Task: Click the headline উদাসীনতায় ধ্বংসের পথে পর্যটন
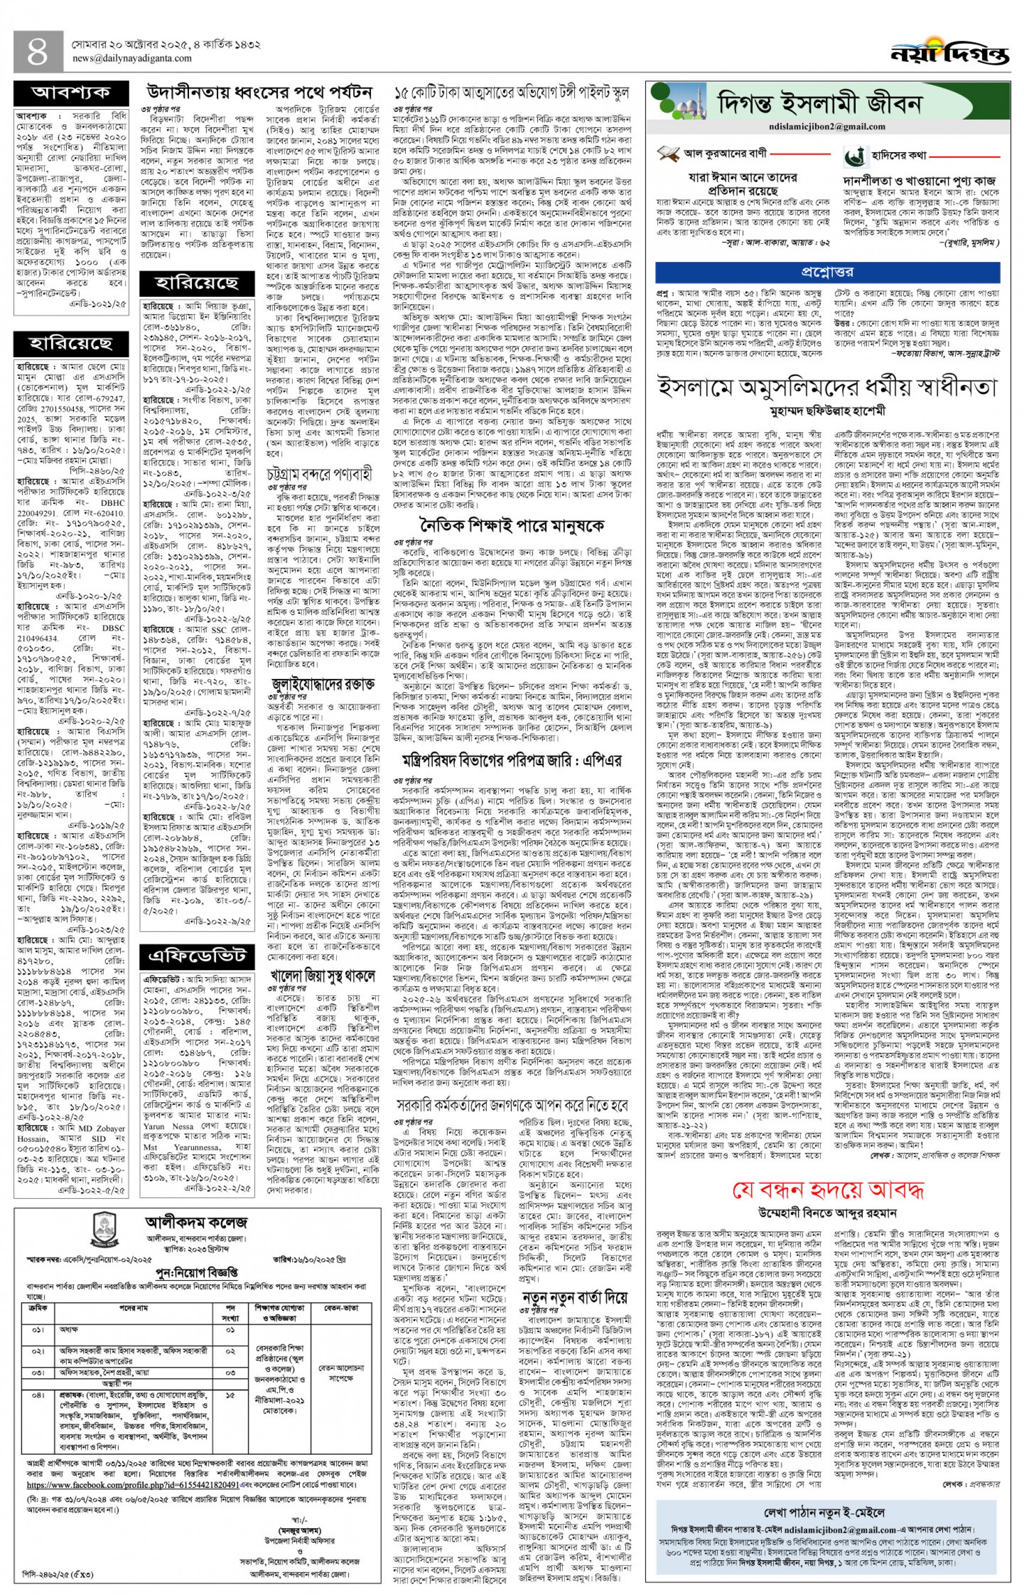tap(259, 91)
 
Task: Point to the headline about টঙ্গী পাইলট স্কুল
tap(511, 92)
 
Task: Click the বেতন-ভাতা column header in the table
tap(341, 1308)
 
